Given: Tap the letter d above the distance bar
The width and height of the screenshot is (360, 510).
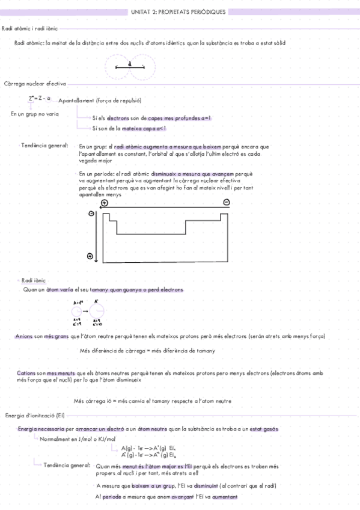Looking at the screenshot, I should pyautogui.click(x=129, y=63).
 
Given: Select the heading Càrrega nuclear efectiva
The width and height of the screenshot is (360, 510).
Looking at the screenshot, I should pyautogui.click(x=35, y=84).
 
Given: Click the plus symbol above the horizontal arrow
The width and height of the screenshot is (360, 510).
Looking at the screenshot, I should pyautogui.click(x=105, y=203).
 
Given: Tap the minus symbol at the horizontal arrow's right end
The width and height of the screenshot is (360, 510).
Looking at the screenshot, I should pyautogui.click(x=226, y=203).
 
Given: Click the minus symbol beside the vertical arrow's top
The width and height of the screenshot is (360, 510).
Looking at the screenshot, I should pyautogui.click(x=91, y=214).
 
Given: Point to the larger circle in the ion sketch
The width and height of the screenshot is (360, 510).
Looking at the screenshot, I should pyautogui.click(x=97, y=311).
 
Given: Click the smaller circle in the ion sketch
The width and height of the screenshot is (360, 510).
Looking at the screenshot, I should pyautogui.click(x=78, y=311).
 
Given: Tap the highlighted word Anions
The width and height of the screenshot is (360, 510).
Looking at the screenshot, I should pyautogui.click(x=24, y=336).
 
